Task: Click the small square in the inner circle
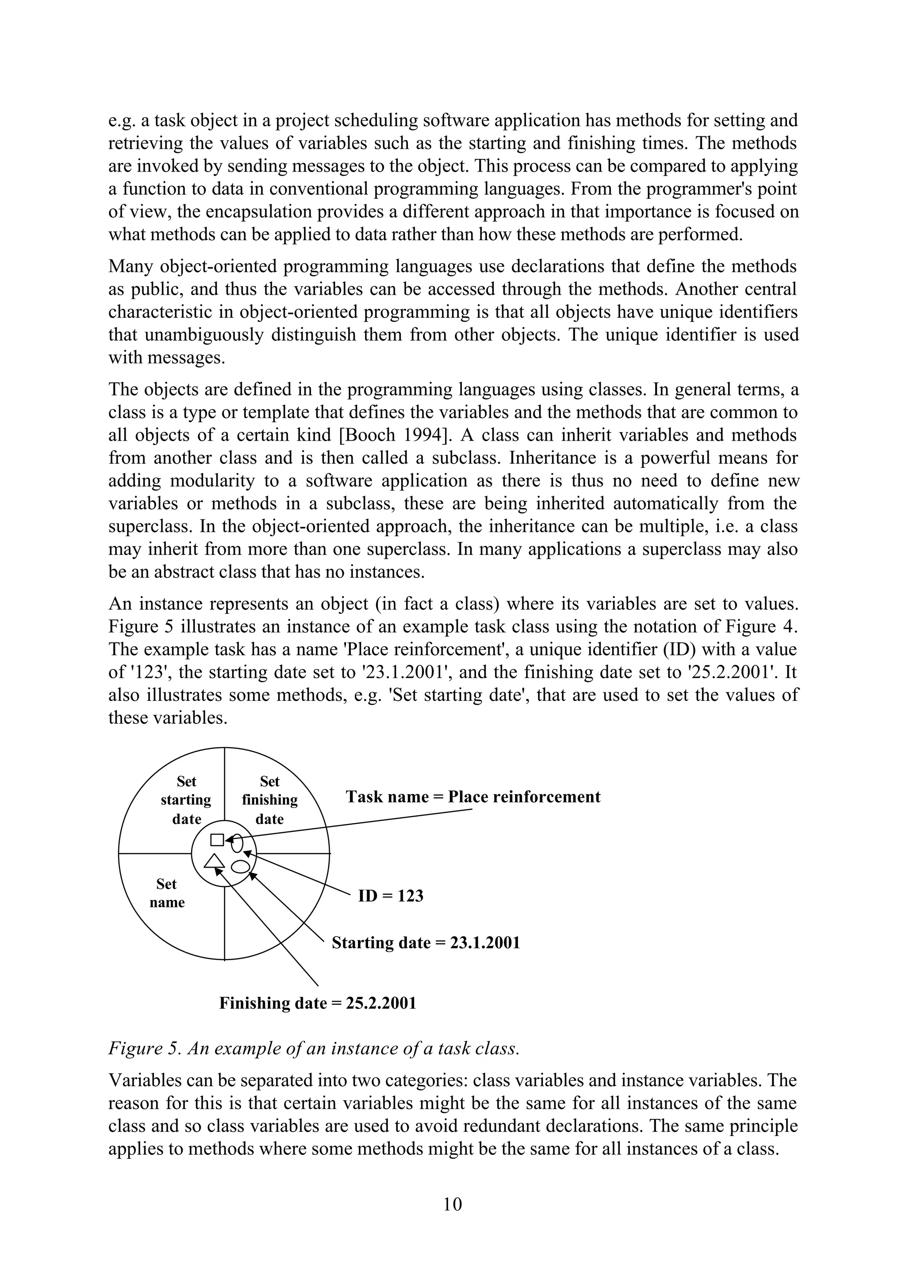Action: click(217, 840)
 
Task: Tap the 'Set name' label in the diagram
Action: click(166, 893)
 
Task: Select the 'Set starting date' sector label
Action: click(186, 800)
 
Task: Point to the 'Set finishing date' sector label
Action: click(269, 800)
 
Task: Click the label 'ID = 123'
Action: click(391, 896)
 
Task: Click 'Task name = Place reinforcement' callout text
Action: click(472, 797)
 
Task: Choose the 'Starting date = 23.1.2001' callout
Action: click(426, 943)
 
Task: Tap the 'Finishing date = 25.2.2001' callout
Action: click(318, 1003)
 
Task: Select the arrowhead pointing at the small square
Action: click(228, 839)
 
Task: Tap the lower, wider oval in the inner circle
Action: click(240, 867)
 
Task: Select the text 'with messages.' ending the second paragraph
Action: click(166, 357)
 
